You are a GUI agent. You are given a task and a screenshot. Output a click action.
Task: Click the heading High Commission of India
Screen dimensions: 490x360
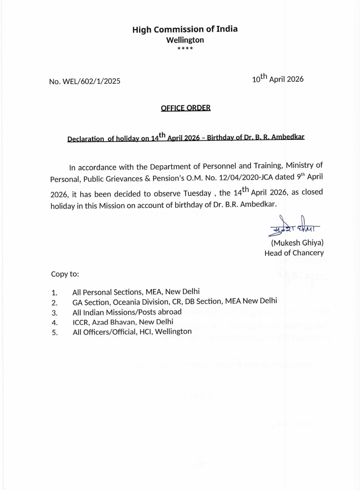[x=185, y=29]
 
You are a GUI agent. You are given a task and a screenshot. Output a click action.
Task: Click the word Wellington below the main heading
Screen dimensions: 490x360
[x=185, y=40]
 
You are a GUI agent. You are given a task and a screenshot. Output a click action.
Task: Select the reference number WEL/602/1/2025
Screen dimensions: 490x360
[x=91, y=81]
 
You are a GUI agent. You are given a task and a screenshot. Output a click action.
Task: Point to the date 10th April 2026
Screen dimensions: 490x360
[x=278, y=79]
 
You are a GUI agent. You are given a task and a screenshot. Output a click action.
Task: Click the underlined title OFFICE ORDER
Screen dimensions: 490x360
[x=186, y=108]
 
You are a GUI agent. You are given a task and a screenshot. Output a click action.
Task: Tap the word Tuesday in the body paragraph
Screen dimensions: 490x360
[x=197, y=193]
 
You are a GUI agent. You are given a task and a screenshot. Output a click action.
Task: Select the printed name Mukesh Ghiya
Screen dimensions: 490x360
[x=297, y=243]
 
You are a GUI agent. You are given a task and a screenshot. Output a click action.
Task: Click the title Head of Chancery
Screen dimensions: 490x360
[x=294, y=253]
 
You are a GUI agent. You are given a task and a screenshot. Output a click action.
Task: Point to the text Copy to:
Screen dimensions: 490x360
[x=65, y=274]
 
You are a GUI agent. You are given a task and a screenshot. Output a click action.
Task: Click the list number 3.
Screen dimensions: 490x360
[x=54, y=313]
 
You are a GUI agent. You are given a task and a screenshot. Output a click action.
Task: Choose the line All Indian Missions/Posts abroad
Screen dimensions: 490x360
[x=127, y=312]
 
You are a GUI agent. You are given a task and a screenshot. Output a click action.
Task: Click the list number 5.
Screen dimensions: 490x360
[x=54, y=333]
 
